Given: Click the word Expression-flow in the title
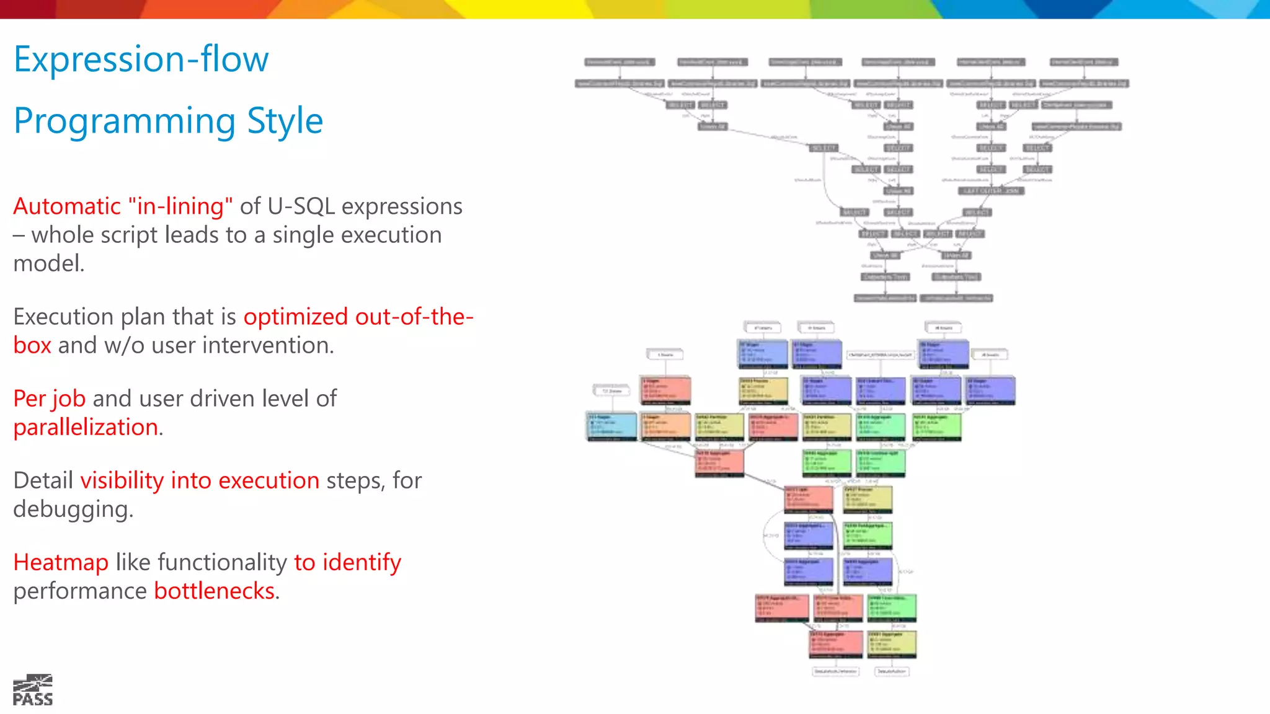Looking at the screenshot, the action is (x=141, y=59).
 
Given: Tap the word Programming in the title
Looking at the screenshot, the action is (x=124, y=121).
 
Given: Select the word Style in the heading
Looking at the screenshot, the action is (x=285, y=121).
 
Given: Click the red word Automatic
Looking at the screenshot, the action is (x=67, y=206).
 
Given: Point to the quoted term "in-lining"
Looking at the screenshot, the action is (x=180, y=206).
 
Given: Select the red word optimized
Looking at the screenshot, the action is (x=296, y=317).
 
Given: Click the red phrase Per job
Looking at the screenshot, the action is (x=50, y=399).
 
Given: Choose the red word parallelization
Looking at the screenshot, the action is (x=86, y=427).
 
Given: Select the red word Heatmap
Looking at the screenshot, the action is (x=61, y=562).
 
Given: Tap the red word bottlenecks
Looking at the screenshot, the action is (x=214, y=591).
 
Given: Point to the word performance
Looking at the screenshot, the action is (x=80, y=592).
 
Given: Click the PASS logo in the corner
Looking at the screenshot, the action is (x=33, y=690).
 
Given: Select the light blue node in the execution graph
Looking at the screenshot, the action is (x=612, y=426).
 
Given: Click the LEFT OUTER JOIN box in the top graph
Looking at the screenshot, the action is (x=990, y=191).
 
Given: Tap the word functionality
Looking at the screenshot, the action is (x=222, y=562).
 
